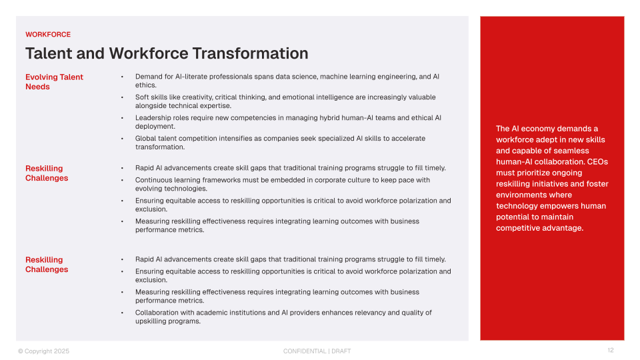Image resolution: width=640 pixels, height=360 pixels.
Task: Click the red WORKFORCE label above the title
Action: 48,35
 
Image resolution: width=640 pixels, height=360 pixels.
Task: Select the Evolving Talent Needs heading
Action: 54,82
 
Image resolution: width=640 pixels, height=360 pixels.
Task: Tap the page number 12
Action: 610,351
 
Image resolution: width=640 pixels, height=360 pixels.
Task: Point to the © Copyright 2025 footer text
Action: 43,351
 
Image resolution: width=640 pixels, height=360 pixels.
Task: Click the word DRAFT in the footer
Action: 341,351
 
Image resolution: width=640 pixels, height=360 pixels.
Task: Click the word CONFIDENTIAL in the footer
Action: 304,351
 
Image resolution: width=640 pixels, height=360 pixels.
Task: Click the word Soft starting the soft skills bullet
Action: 143,97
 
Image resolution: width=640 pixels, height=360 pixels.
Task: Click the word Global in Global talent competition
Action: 146,139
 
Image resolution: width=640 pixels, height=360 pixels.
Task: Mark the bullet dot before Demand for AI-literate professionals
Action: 122,77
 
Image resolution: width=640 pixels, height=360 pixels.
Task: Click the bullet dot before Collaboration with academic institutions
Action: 122,313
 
